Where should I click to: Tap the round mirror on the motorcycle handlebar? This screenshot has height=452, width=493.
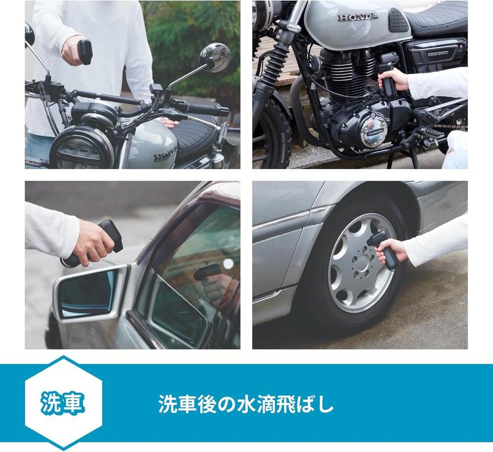pyautogui.click(x=218, y=57)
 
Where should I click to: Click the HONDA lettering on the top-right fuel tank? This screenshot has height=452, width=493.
pyautogui.click(x=357, y=17)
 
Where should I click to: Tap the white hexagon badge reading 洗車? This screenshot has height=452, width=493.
pyautogui.click(x=61, y=402)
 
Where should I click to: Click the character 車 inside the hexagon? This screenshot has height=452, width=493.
pyautogui.click(x=73, y=403)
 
